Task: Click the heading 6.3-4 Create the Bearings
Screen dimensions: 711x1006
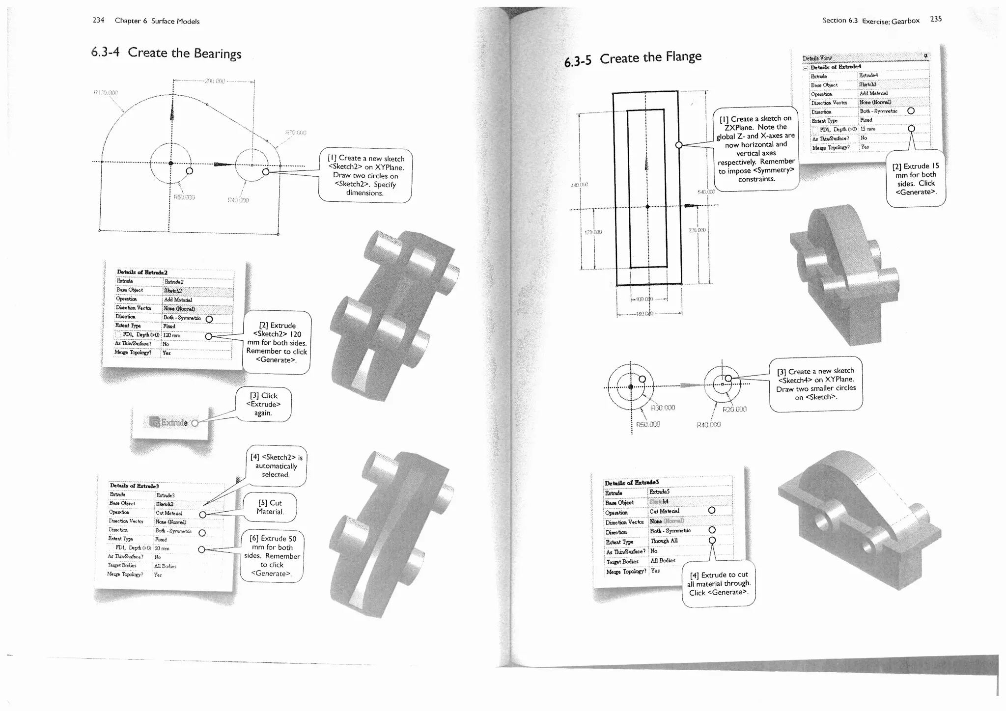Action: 166,53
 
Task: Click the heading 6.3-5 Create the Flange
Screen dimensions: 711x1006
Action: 633,59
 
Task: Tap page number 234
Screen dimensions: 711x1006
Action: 98,20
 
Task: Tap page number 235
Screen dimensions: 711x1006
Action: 936,19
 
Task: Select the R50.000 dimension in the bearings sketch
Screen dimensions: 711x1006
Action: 184,197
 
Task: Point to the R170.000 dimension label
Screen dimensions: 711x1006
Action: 106,92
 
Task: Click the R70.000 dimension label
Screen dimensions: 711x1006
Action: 296,133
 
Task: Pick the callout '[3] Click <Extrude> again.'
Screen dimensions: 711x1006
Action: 263,404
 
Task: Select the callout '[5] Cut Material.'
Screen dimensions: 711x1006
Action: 270,507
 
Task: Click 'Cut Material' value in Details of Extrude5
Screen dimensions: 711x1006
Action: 664,511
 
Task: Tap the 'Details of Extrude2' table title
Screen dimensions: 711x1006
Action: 142,272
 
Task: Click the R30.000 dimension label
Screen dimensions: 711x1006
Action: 663,408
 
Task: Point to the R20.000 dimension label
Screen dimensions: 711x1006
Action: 734,409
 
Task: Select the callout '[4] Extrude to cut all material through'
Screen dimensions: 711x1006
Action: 718,583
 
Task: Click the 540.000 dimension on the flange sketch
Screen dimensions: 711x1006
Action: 706,192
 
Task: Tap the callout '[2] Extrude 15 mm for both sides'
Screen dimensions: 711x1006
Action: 916,179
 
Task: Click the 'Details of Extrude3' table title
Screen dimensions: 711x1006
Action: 134,486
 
